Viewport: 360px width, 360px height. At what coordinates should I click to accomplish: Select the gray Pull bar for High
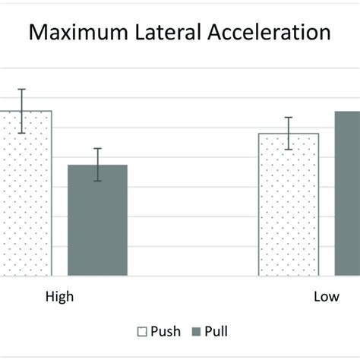point(97,220)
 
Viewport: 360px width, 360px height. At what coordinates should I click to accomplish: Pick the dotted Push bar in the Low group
point(289,205)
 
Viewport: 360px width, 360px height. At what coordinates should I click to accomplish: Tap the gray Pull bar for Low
point(347,194)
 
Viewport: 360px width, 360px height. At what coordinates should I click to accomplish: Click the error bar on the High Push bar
point(22,111)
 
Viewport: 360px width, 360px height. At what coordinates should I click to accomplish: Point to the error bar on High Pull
point(97,165)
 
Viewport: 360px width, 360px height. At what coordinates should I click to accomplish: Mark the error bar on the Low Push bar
point(289,134)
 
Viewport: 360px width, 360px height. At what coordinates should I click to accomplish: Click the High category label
point(59,297)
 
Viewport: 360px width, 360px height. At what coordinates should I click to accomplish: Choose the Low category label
point(327,297)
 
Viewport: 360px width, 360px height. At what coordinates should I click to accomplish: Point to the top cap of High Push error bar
point(22,89)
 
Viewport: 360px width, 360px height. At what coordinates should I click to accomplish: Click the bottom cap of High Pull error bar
point(97,182)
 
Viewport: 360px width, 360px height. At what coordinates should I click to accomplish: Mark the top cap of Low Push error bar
point(289,118)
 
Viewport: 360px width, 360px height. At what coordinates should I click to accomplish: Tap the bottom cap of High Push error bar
point(22,133)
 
